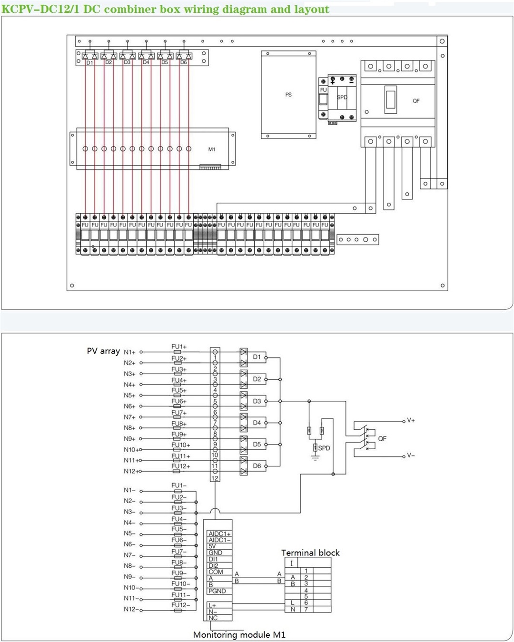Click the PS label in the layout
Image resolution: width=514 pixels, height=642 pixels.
click(288, 95)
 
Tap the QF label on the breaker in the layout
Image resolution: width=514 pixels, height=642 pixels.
click(416, 101)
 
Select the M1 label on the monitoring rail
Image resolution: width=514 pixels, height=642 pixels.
click(212, 149)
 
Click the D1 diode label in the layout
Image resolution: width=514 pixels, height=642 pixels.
click(89, 63)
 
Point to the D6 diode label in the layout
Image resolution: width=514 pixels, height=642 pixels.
click(183, 63)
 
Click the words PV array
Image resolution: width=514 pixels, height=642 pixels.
click(103, 351)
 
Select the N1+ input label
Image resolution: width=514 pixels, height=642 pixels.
click(129, 352)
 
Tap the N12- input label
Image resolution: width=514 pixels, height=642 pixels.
click(129, 610)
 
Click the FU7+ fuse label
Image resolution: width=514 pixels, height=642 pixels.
click(179, 413)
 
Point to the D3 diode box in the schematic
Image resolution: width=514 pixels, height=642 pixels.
click(257, 401)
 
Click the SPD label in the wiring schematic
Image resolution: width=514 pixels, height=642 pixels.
click(324, 448)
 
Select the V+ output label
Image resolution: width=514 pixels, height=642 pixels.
click(411, 421)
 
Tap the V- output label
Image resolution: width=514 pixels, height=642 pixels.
click(411, 455)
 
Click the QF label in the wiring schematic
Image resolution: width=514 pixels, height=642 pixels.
click(382, 438)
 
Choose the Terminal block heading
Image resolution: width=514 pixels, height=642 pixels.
click(310, 553)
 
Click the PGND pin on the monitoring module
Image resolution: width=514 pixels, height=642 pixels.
click(217, 591)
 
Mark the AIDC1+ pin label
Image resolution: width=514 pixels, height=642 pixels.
click(219, 534)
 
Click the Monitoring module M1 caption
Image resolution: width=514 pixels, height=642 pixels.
click(239, 635)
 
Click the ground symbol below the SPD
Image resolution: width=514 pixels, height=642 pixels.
click(315, 458)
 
